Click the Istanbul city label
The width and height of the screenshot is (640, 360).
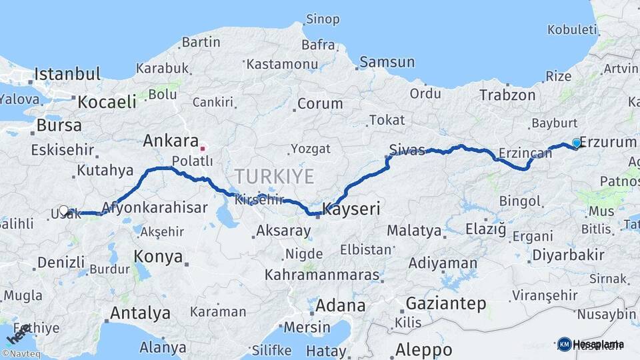[x=67, y=73]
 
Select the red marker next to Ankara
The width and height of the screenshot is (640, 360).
[x=203, y=147]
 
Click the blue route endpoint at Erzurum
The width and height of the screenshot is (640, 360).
[x=577, y=143]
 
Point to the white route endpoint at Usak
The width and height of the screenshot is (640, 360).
[x=64, y=211]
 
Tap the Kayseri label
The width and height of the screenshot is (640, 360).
[x=351, y=209]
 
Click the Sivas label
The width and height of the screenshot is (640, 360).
[x=407, y=151]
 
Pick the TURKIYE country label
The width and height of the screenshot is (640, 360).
[x=273, y=177]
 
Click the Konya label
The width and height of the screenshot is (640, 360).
[x=158, y=256]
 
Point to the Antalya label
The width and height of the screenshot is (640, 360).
[x=140, y=313]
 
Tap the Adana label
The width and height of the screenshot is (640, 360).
[x=341, y=306]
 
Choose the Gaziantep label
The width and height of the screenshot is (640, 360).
[x=445, y=303]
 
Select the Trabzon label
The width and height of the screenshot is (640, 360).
[x=507, y=95]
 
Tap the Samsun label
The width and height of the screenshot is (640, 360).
[x=387, y=62]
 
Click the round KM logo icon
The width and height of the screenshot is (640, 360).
[x=565, y=344]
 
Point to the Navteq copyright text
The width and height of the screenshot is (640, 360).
[x=21, y=354]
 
